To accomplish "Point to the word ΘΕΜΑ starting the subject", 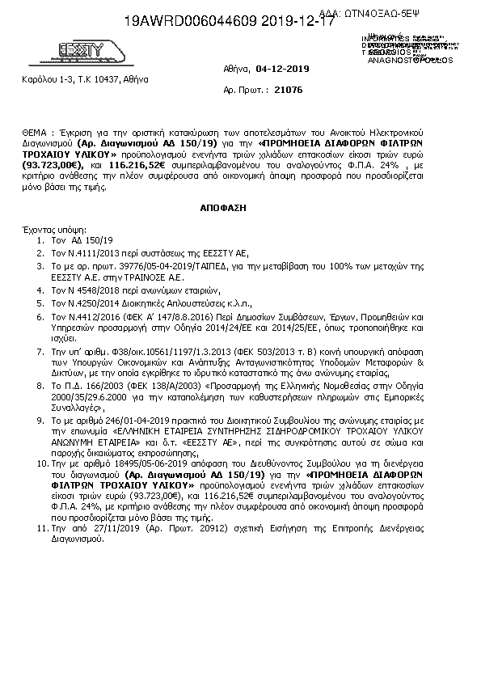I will point(37,130).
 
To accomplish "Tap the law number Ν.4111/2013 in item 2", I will point(88,253).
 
